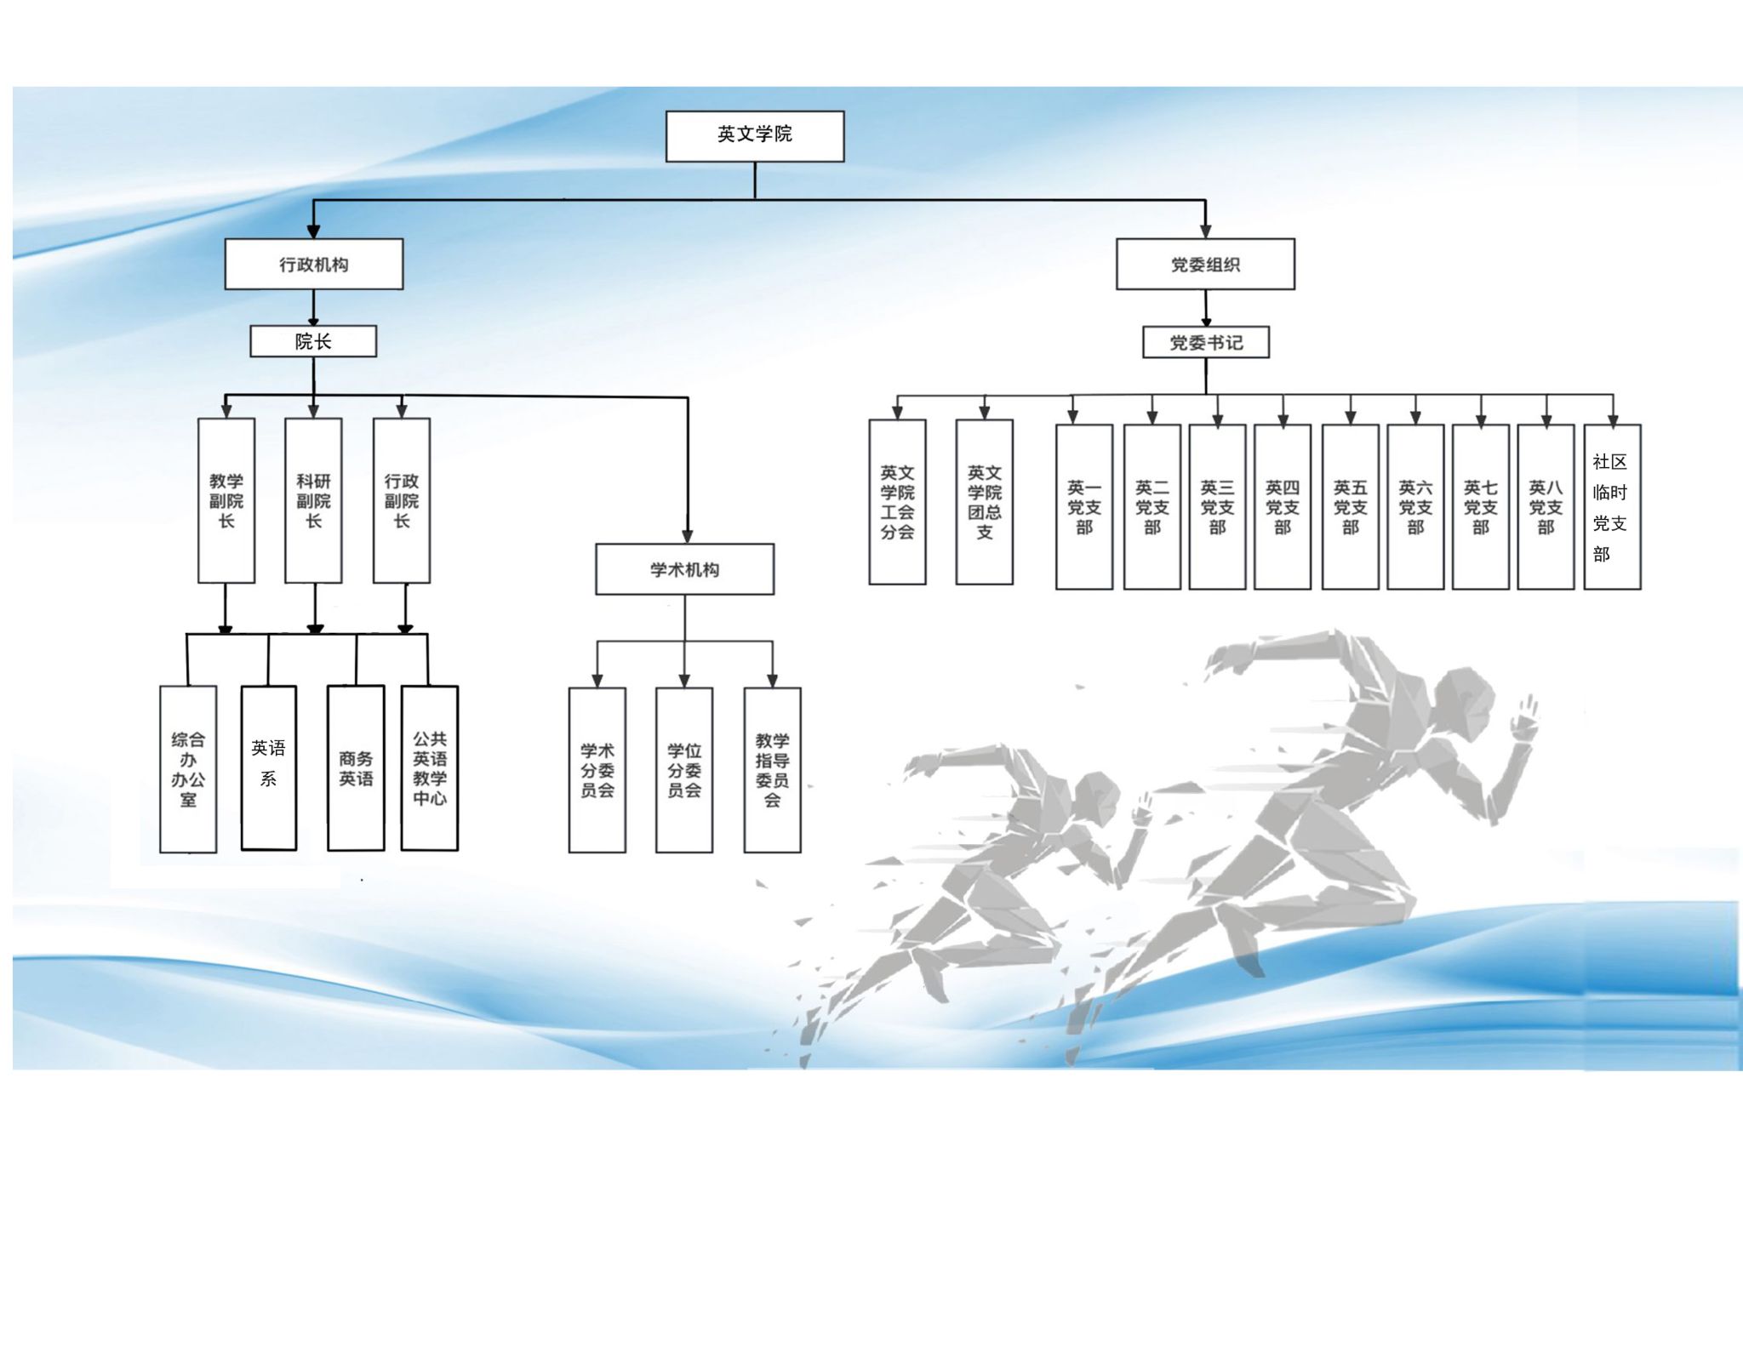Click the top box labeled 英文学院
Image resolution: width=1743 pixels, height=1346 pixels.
pos(754,136)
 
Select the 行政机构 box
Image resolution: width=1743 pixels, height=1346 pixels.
pos(313,265)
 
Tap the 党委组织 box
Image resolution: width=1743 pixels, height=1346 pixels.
pos(1205,265)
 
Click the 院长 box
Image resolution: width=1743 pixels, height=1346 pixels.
pos(313,342)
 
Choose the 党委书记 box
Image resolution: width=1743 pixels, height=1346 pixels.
pos(1205,343)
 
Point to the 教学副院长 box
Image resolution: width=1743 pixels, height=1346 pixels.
pos(226,500)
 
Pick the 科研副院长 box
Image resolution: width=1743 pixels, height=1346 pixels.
pos(313,500)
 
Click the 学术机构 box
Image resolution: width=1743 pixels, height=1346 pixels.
pos(684,569)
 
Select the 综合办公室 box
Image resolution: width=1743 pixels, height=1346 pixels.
pos(188,769)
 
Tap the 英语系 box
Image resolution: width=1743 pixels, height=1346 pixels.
pos(269,767)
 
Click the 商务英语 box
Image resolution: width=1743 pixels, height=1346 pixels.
pos(356,767)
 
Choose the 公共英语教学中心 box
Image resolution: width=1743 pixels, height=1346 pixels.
pos(430,767)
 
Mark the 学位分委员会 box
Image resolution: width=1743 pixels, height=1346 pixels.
pos(684,770)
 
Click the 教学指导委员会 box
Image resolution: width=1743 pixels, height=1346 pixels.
pos(772,770)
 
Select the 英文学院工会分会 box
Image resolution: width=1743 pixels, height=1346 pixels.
pos(897,502)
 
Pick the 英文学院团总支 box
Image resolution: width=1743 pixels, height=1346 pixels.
pos(984,502)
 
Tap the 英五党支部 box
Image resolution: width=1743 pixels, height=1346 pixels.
pos(1350,507)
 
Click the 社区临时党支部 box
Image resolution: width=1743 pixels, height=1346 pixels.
pos(1612,507)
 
